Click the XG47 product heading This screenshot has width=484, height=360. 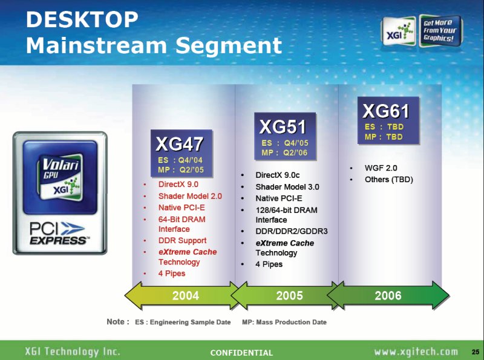click(179, 144)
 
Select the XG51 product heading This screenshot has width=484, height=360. click(283, 127)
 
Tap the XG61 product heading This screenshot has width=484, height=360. click(386, 111)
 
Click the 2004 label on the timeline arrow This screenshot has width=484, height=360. click(186, 296)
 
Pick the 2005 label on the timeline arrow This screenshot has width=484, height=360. click(289, 296)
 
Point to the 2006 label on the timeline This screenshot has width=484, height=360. click(388, 296)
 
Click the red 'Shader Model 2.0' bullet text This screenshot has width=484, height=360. click(190, 196)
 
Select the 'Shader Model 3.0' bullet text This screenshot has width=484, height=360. click(287, 187)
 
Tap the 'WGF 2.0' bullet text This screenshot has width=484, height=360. click(381, 168)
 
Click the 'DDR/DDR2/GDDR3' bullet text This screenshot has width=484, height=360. click(292, 231)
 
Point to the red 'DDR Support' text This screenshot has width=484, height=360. click(183, 241)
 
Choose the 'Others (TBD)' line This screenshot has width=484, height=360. click(389, 180)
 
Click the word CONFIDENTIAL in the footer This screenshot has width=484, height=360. click(241, 353)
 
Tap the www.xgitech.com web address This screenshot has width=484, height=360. click(416, 352)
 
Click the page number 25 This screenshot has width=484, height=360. click(476, 352)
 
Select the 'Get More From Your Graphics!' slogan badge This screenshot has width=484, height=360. click(440, 31)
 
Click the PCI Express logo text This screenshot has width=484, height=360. click(58, 234)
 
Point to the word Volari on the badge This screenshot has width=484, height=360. click(60, 165)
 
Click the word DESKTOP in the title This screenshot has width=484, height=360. click(82, 19)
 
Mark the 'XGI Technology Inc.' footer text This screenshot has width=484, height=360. click(73, 352)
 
